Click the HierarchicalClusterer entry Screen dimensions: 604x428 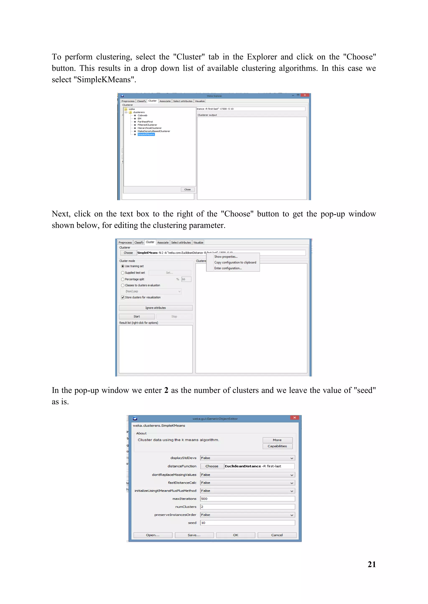click(149, 128)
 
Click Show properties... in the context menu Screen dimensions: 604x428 click(226, 257)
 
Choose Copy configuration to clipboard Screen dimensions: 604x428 click(235, 263)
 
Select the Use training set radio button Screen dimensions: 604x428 click(123, 266)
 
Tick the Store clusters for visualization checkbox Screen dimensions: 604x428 click(123, 298)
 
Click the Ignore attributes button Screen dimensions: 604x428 click(155, 308)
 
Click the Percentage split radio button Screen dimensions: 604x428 click(123, 279)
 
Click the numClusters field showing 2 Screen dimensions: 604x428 click(247, 507)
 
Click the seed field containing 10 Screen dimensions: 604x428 click(247, 523)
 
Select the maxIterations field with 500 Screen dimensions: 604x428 click(247, 499)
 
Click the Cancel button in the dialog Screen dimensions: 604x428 click(277, 535)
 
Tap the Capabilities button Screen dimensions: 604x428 click(277, 446)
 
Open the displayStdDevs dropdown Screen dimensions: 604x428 click(247, 458)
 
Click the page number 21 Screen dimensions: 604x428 click(372, 564)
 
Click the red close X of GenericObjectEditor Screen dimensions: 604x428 click(294, 418)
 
